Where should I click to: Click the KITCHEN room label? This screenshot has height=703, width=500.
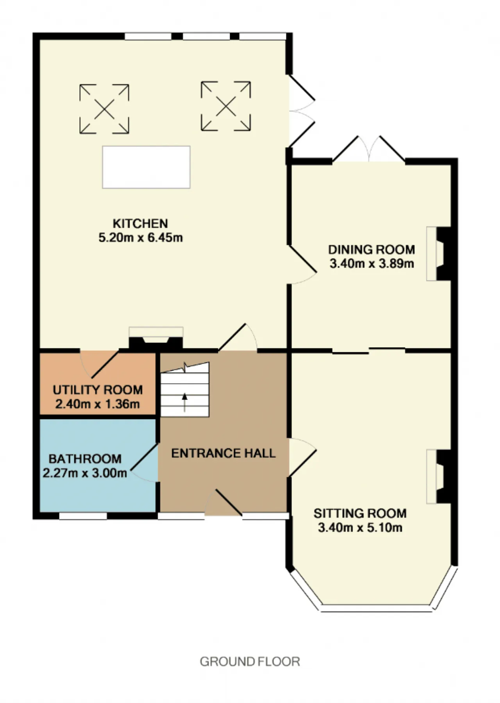(x=140, y=224)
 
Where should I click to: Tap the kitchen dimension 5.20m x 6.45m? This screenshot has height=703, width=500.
(x=141, y=238)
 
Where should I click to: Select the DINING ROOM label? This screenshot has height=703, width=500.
(x=371, y=249)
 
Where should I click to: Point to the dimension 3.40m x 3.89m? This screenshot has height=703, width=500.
(x=371, y=264)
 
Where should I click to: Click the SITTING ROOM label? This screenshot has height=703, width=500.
(x=360, y=513)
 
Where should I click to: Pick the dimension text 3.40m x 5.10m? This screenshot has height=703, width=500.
(x=360, y=528)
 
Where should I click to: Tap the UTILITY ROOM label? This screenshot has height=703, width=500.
(x=98, y=390)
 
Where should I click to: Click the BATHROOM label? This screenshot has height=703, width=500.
(x=85, y=459)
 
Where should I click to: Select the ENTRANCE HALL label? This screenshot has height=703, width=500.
(x=223, y=453)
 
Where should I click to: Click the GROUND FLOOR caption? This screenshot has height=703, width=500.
(x=250, y=662)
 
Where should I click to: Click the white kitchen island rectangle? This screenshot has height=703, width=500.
(x=146, y=167)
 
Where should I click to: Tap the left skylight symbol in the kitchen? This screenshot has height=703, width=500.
(x=104, y=109)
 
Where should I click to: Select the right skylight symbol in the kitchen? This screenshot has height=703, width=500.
(x=226, y=106)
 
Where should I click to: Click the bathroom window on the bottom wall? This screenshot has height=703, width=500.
(x=83, y=516)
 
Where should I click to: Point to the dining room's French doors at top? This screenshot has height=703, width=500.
(x=369, y=149)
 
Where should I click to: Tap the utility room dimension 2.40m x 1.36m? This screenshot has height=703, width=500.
(x=98, y=404)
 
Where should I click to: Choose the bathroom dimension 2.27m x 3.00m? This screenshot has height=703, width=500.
(x=85, y=473)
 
